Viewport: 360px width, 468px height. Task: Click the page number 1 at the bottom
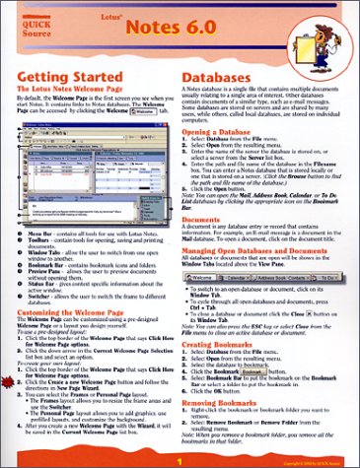180,459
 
